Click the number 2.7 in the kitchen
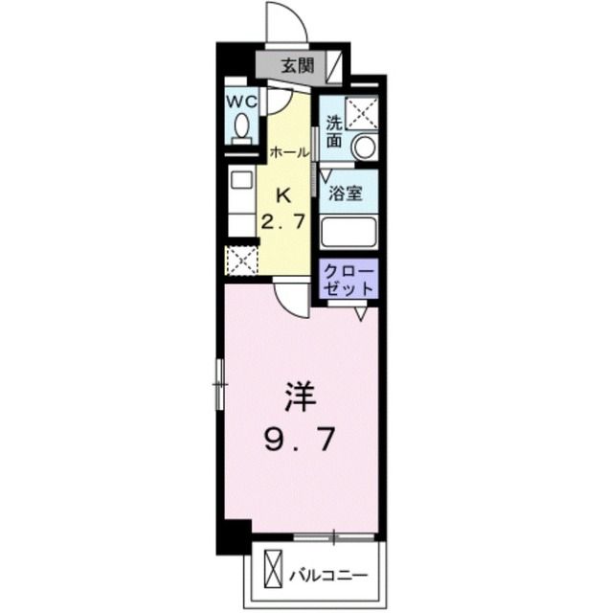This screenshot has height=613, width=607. [x=284, y=223]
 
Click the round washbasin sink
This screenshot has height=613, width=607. [x=363, y=148]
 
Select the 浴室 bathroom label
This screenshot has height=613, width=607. [x=346, y=193]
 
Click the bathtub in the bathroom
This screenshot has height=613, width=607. [x=348, y=232]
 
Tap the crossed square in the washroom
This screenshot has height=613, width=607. [x=363, y=112]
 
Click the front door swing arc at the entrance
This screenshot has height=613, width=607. [x=283, y=23]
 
